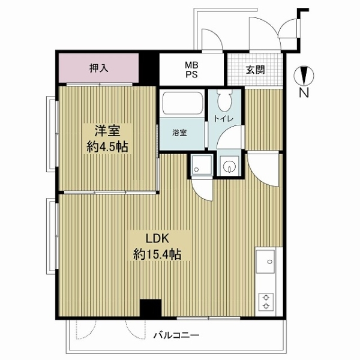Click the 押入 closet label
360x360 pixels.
coord(99,68)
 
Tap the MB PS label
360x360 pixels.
coord(192,70)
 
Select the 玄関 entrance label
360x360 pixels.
coord(256,70)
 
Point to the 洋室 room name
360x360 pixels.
coord(107,131)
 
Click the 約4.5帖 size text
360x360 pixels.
coord(107,146)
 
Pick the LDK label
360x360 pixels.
coord(158,239)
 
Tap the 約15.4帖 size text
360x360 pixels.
coord(157,254)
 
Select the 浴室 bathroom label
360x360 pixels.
coord(179,133)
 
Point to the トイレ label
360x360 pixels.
coord(224,119)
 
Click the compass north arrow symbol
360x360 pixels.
coord(304,76)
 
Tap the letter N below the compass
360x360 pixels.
coord(304,92)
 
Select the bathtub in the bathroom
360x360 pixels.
coord(183,103)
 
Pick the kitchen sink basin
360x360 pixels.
coord(265,262)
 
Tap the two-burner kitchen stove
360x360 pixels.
coord(266,302)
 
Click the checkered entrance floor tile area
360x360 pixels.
coord(254,70)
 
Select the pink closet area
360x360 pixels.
coord(99,68)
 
